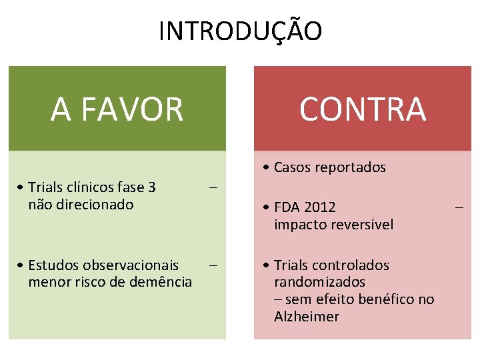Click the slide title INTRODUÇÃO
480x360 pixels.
click(x=240, y=31)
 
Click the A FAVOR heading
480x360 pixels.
click(x=117, y=109)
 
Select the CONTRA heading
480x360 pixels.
click(x=362, y=109)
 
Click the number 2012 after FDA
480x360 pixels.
click(x=320, y=207)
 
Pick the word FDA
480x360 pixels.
click(x=287, y=207)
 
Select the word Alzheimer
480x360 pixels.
click(x=307, y=317)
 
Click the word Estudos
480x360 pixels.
click(x=53, y=265)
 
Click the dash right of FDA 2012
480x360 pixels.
click(x=459, y=207)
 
